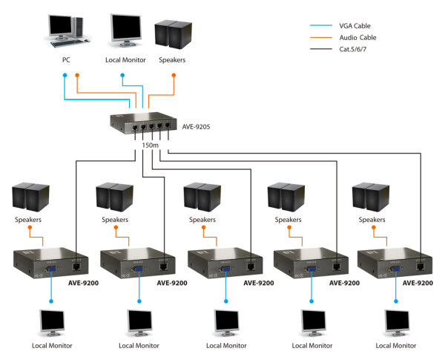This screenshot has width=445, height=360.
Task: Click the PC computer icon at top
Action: pyautogui.click(x=67, y=27)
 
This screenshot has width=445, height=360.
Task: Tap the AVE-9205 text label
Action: pyautogui.click(x=197, y=126)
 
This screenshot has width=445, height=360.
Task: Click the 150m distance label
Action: pyautogui.click(x=150, y=145)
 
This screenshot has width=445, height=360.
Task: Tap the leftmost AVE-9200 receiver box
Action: pyautogui.click(x=52, y=264)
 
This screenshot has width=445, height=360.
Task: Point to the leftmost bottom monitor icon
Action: pyautogui.click(x=53, y=321)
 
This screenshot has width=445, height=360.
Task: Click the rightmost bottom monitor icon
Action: pyautogui.click(x=397, y=321)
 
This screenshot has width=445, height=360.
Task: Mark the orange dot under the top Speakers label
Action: pyautogui.click(x=174, y=75)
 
